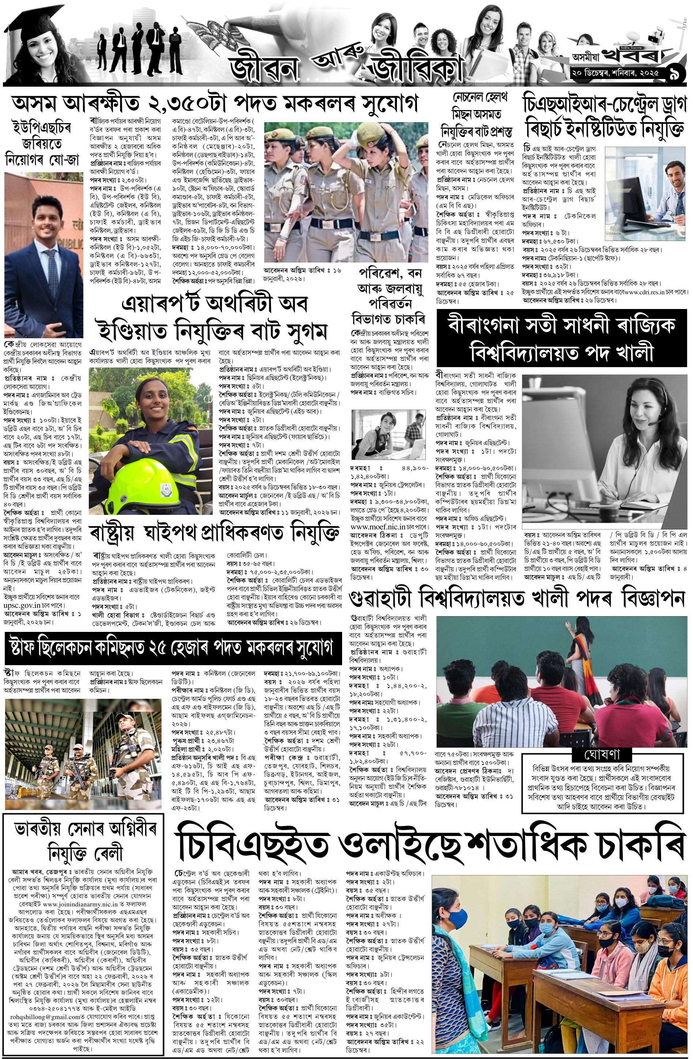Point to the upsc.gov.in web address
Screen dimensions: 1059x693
23,607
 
